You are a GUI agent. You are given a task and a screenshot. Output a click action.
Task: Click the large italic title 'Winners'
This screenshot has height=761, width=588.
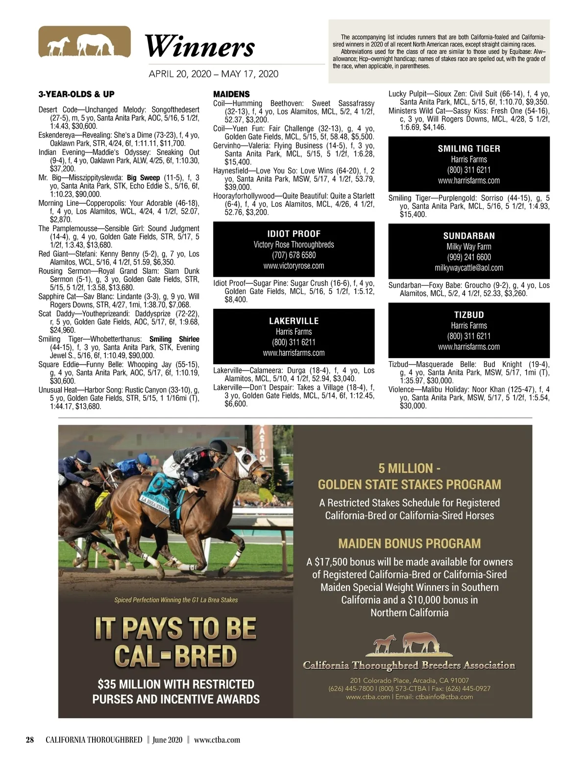[199, 47]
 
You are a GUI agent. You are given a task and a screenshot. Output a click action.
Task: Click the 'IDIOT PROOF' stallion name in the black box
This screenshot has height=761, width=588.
[294, 234]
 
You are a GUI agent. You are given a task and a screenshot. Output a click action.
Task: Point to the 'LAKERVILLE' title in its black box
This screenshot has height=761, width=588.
[294, 321]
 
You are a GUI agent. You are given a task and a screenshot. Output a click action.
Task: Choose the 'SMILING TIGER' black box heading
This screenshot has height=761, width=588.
[469, 148]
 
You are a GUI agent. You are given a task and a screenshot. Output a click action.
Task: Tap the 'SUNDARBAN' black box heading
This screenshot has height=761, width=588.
[469, 236]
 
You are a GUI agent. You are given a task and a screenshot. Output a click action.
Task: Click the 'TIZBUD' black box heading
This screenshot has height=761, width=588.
[469, 315]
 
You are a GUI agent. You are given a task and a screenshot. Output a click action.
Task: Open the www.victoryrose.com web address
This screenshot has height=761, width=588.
[294, 266]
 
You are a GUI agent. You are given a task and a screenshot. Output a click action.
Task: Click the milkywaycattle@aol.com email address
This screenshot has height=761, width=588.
[469, 268]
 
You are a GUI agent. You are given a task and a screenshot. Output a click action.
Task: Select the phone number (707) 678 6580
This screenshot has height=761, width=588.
[294, 255]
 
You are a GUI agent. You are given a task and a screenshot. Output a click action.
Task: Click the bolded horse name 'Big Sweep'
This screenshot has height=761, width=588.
[144, 178]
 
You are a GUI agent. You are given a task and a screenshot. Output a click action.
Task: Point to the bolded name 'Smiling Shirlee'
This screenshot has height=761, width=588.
[174, 339]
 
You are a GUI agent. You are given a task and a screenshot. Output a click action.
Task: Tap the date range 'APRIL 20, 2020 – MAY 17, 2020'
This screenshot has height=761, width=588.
[213, 74]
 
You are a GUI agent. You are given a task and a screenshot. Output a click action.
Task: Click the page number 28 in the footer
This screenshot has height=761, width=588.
[30, 739]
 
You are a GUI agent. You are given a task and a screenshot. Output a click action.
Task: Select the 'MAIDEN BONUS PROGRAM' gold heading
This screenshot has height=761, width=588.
[409, 543]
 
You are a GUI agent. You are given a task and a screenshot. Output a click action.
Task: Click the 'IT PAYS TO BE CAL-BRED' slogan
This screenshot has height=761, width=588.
[175, 641]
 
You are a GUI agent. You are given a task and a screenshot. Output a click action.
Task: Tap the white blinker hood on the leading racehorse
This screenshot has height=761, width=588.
[245, 460]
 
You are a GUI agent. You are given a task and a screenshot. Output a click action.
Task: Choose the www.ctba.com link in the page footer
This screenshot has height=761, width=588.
[217, 739]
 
